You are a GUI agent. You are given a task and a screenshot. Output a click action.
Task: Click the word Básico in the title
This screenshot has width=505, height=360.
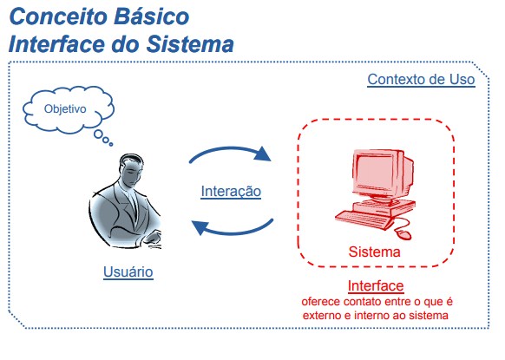tap(151, 16)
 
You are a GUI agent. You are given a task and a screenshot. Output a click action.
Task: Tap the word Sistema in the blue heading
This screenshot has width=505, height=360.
tap(190, 44)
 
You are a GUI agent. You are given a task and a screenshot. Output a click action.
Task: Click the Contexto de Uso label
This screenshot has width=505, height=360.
tap(421, 80)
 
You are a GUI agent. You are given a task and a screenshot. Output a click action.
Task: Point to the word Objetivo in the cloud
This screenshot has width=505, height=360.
tap(65, 108)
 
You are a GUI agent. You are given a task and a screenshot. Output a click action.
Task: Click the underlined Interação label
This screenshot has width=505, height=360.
tap(231, 191)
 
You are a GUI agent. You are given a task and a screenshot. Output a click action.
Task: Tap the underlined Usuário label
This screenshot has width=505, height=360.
tap(128, 272)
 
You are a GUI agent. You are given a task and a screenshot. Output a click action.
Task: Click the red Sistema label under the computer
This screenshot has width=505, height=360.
tap(374, 252)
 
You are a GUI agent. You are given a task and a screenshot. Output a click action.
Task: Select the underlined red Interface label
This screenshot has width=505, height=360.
tap(376, 286)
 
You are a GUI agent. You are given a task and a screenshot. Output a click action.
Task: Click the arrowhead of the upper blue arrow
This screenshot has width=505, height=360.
tap(263, 154)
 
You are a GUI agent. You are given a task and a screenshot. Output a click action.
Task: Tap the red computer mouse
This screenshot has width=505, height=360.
tap(403, 233)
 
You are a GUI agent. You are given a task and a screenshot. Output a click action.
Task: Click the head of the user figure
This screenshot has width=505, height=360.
tap(131, 170)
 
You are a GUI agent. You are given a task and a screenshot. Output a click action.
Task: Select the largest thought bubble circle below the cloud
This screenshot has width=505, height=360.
tap(98, 134)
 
